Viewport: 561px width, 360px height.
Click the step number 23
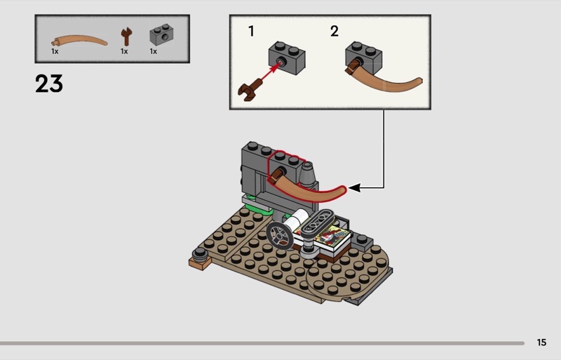(x=49, y=84)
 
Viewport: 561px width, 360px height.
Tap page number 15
(x=541, y=342)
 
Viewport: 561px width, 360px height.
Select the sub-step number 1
(x=251, y=31)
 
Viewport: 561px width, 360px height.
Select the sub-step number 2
(x=334, y=31)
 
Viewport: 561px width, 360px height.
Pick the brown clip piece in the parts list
(x=126, y=35)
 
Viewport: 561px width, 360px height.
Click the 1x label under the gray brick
(x=153, y=51)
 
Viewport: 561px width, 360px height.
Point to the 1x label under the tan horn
(x=55, y=51)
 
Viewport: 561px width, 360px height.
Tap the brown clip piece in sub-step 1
(x=247, y=91)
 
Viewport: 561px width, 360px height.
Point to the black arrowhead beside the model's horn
(x=354, y=187)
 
